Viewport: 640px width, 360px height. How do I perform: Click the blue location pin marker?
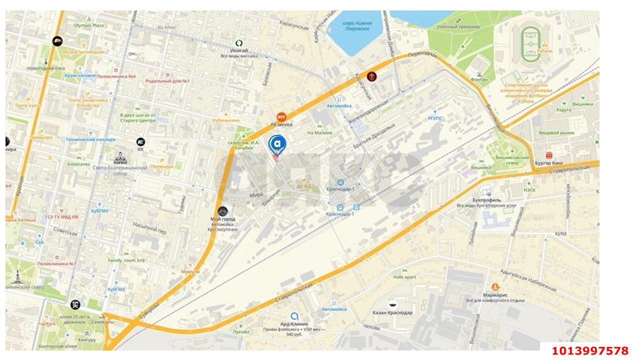click(x=277, y=144)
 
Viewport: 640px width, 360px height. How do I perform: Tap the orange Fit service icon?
click(x=281, y=116)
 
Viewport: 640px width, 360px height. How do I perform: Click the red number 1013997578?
click(x=590, y=351)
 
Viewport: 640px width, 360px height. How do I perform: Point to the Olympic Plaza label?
click(x=88, y=25)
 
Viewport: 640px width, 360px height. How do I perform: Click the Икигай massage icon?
click(x=239, y=43)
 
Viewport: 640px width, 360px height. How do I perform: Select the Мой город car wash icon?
click(x=222, y=211)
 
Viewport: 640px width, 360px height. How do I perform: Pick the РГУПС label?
click(x=435, y=118)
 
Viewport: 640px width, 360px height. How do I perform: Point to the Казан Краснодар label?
click(x=392, y=312)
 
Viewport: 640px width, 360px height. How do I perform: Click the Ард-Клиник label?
click(x=294, y=323)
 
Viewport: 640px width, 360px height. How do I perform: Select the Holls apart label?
click(x=404, y=276)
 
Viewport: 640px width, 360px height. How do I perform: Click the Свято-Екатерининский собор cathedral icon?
click(x=120, y=158)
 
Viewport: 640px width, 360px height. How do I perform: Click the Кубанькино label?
click(x=226, y=120)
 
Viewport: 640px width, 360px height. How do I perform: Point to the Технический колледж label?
click(x=90, y=139)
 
